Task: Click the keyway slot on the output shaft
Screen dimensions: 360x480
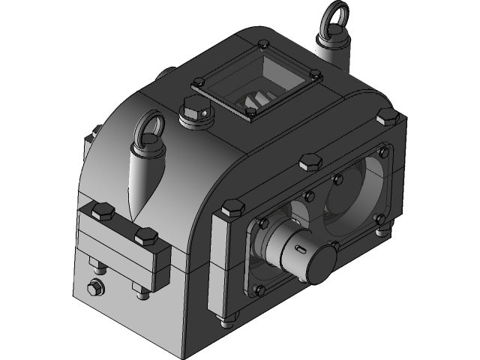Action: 300,247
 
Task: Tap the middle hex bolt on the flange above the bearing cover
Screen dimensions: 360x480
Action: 308,161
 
